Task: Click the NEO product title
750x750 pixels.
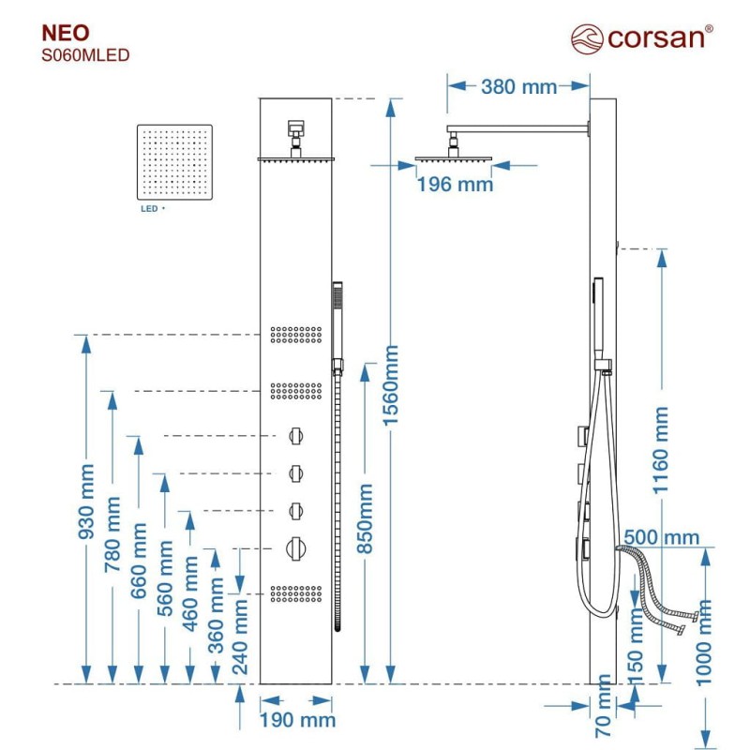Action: tap(66, 34)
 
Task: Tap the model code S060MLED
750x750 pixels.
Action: tap(85, 55)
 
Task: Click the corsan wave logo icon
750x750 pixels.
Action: tap(587, 39)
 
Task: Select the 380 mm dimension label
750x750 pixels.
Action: tap(519, 87)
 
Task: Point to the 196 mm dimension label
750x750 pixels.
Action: tap(455, 185)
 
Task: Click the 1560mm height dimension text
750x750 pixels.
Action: tap(391, 385)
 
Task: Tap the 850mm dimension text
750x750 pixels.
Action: tap(365, 519)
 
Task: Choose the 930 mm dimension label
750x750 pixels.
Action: tap(86, 502)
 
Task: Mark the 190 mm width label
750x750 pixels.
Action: tap(297, 720)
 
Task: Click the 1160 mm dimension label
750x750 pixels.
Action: tap(661, 450)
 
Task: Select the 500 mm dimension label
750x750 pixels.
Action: tap(662, 537)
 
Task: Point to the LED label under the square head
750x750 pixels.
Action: tap(149, 208)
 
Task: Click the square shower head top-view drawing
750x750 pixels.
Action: tap(174, 162)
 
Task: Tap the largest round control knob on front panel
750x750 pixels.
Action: tap(296, 548)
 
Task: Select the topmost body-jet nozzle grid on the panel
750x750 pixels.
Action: tap(296, 335)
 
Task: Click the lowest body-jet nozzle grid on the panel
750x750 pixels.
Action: tap(296, 593)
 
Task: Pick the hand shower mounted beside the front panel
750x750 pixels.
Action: tap(337, 328)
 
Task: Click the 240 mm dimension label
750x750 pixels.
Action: tap(240, 637)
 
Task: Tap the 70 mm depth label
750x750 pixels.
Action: tap(603, 705)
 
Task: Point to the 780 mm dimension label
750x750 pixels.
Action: tap(112, 534)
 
